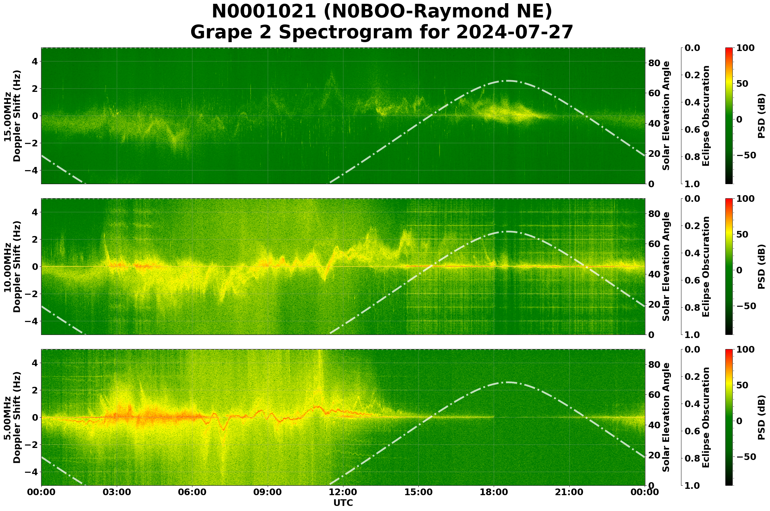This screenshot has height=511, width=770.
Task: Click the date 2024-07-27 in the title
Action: click(514, 32)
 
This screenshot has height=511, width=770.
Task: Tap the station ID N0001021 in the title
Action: click(264, 11)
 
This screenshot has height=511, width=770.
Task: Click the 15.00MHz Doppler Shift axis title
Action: click(12, 116)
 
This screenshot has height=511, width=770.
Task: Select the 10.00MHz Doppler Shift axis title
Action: click(12, 266)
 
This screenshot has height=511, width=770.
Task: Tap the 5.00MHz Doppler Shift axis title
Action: click(12, 418)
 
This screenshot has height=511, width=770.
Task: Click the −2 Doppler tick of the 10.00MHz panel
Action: click(32, 294)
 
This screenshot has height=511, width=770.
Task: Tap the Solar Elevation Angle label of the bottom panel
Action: click(666, 418)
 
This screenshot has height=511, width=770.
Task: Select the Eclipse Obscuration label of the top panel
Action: click(705, 116)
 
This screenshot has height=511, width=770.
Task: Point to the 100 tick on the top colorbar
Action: click(745, 48)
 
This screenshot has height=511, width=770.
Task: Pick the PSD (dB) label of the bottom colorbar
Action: click(761, 418)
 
